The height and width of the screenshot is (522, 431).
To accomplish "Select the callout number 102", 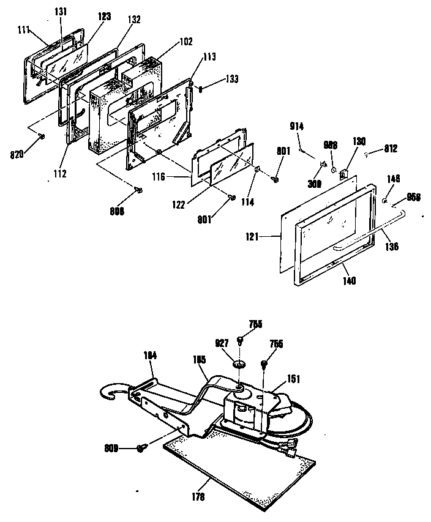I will point(186,42).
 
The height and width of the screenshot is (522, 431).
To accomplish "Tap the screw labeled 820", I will point(42,135).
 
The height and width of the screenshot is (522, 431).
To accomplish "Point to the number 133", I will point(214,79).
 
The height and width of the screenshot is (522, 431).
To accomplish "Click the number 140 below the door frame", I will point(350,281).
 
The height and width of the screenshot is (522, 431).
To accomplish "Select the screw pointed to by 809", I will point(142,449).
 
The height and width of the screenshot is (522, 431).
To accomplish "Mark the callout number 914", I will point(298,126).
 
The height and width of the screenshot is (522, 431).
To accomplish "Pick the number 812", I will point(391,147).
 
